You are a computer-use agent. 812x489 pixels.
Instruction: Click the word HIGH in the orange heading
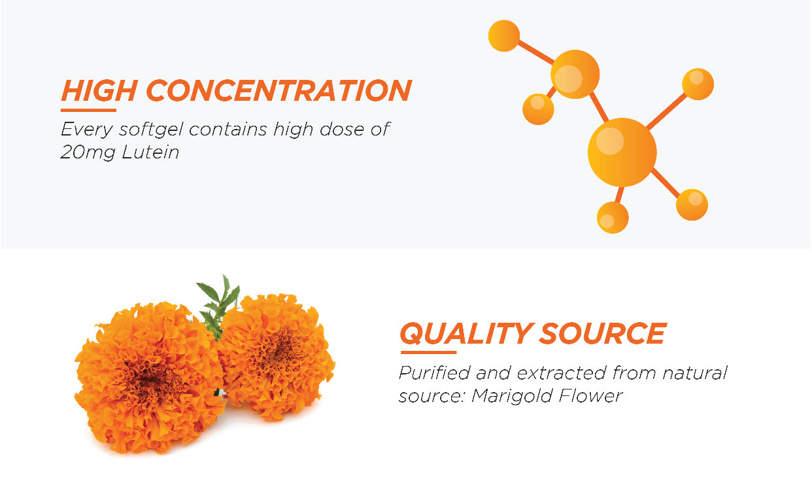(x=99, y=90)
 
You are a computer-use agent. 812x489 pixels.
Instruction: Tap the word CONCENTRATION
(x=279, y=90)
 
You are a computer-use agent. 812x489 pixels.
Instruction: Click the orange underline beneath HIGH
(x=88, y=110)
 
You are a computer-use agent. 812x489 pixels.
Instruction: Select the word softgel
(x=151, y=130)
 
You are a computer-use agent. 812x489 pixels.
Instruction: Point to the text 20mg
(x=88, y=153)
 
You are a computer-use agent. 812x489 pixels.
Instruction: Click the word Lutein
(x=150, y=152)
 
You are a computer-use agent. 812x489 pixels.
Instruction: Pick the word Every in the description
(x=87, y=130)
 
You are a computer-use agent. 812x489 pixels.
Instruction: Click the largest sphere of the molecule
(x=622, y=152)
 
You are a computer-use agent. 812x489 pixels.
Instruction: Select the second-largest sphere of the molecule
(x=575, y=74)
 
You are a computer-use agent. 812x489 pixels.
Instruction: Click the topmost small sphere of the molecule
(x=504, y=35)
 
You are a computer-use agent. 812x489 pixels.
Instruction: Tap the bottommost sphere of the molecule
(x=613, y=217)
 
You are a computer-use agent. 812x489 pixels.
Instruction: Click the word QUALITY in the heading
(x=465, y=333)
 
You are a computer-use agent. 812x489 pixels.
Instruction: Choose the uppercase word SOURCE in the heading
(x=603, y=333)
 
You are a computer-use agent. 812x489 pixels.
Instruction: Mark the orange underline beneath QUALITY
(x=428, y=352)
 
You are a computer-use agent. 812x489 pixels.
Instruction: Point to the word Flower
(x=590, y=395)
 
